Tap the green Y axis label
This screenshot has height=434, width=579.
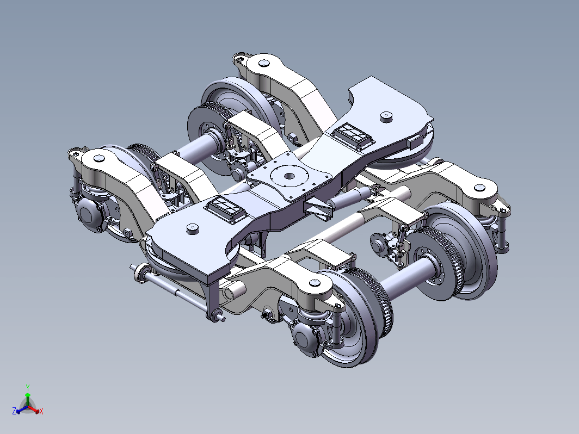pyautogui.click(x=28, y=387)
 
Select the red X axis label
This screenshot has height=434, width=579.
pyautogui.click(x=41, y=411)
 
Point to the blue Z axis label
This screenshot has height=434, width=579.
pyautogui.click(x=14, y=411)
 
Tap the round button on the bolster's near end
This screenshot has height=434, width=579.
pyautogui.click(x=192, y=228)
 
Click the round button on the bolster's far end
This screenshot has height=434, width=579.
pyautogui.click(x=386, y=116)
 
